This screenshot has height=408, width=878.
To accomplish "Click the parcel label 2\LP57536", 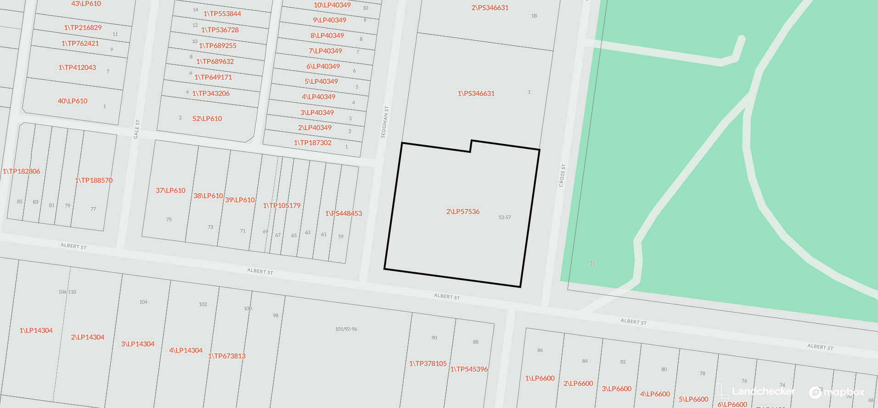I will tap(462, 212).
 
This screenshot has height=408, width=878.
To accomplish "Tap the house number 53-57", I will tap(504, 217).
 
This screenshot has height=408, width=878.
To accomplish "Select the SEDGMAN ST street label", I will tap(385, 122).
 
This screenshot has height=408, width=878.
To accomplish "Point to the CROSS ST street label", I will tap(562, 175).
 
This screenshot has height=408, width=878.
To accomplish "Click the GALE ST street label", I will tap(136, 129).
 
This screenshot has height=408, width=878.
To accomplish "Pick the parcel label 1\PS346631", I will tap(476, 94).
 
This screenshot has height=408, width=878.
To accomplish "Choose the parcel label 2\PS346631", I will tap(490, 8).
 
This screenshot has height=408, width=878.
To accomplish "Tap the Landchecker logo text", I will tap(763, 391).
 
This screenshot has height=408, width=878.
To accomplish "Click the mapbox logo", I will tap(837, 392).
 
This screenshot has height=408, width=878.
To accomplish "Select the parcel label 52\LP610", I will tap(207, 119).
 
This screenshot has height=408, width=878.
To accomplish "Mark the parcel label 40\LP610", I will tap(72, 101).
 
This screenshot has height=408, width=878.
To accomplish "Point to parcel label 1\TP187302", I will tap(312, 143).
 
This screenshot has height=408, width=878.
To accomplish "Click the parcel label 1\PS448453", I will tap(343, 214).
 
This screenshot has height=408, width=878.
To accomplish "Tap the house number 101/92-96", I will tap(346, 329).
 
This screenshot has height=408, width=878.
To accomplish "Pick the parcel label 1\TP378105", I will tap(428, 364).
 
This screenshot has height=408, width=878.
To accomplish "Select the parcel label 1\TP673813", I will tap(226, 356).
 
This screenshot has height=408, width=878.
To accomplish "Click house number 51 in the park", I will tap(592, 263).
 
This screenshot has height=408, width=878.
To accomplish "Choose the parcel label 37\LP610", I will tap(170, 191).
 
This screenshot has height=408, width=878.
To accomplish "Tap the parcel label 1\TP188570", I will tap(94, 181).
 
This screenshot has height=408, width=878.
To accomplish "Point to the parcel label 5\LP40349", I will tap(321, 82).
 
